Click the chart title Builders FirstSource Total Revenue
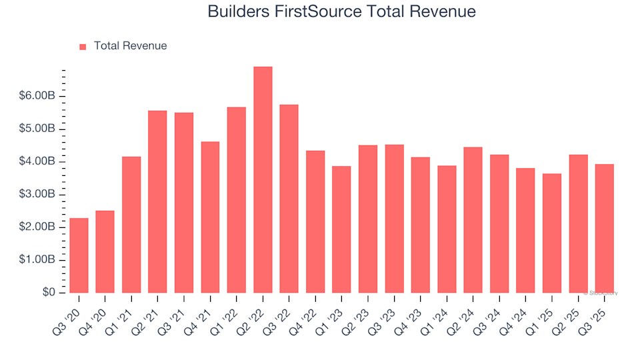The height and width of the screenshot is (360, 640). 341,12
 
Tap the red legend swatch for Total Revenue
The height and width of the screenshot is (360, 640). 83,47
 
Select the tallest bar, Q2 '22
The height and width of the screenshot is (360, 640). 263,180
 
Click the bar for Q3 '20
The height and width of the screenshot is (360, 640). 79,255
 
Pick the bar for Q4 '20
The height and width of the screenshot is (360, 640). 105,252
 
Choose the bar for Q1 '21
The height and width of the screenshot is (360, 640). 131,225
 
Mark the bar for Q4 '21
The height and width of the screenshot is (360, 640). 210,217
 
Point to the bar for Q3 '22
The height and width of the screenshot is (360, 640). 289,199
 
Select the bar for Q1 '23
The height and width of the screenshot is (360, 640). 341,229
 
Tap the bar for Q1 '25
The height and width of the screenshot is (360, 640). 551,233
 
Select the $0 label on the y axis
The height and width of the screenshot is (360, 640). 49,293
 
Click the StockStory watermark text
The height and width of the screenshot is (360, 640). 601,293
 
